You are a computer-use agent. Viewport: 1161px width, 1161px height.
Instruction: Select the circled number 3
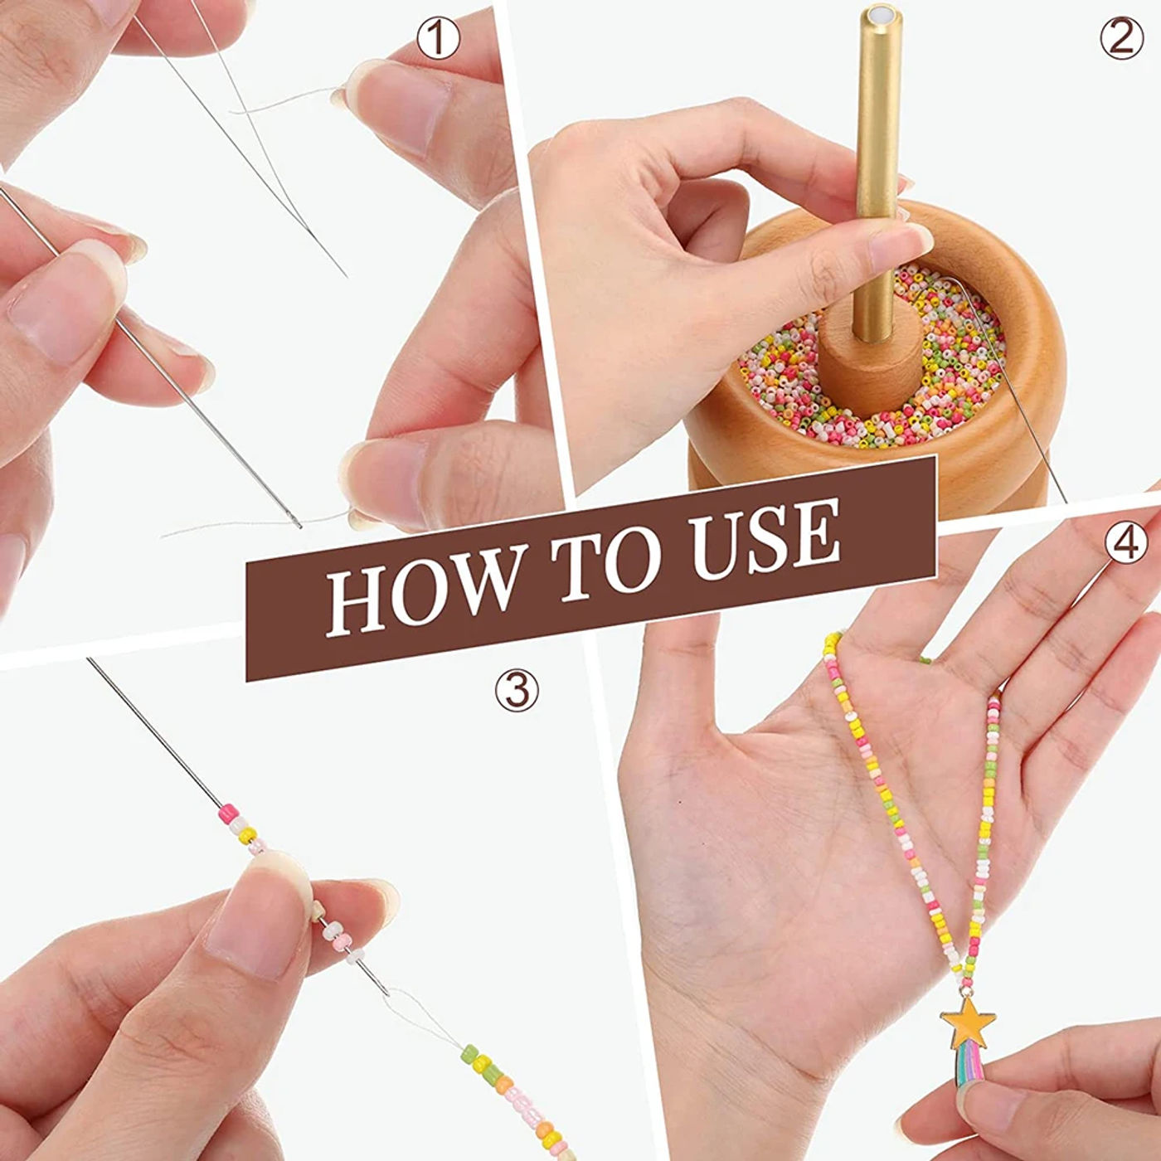tap(517, 690)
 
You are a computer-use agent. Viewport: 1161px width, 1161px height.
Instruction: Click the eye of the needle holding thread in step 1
tap(294, 519)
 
